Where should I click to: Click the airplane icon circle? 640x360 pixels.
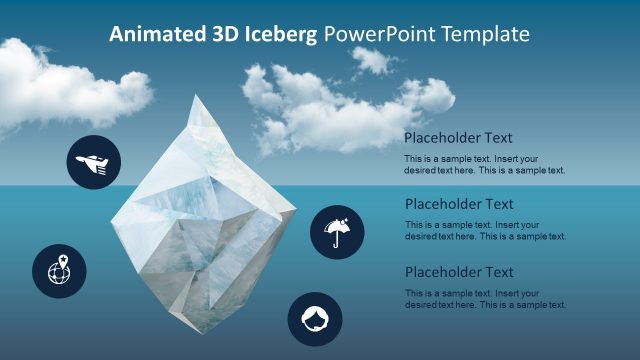click(x=94, y=161)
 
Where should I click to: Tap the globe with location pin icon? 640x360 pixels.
click(x=59, y=270)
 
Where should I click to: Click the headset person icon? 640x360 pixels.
click(x=315, y=319)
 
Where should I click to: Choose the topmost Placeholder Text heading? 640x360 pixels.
click(x=459, y=138)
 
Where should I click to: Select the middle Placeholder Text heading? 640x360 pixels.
click(x=459, y=204)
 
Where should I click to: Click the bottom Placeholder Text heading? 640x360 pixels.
click(x=459, y=272)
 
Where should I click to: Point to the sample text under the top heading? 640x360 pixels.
click(x=485, y=164)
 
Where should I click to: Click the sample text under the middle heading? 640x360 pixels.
click(x=485, y=231)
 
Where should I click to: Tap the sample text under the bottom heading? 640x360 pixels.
click(x=485, y=299)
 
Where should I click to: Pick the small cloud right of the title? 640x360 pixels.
click(x=373, y=60)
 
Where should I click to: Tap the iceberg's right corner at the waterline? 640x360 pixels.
click(x=297, y=208)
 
